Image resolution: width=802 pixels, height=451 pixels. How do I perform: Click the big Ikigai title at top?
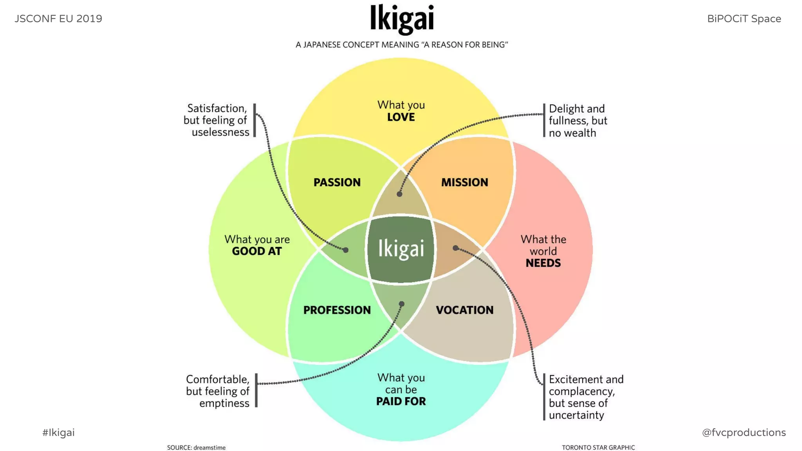(402, 19)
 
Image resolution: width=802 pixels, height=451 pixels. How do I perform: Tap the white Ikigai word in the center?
(401, 248)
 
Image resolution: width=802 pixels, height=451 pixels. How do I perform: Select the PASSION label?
(337, 182)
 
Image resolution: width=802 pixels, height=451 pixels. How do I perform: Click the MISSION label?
(464, 182)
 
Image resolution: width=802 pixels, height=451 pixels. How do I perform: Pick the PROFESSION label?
(337, 310)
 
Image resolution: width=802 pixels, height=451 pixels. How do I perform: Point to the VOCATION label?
(464, 310)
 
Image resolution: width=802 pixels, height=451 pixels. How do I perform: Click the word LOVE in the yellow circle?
(401, 117)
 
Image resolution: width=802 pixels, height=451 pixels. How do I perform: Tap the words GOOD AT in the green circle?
(256, 251)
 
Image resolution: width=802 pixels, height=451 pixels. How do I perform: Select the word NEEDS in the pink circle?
(543, 263)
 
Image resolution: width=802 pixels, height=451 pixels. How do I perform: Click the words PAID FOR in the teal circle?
(401, 401)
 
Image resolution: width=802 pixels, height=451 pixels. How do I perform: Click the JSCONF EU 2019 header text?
(58, 19)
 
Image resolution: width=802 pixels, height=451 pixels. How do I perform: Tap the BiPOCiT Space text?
(744, 19)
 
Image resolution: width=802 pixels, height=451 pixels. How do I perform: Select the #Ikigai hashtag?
(58, 433)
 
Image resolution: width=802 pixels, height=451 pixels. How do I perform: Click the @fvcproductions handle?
(744, 433)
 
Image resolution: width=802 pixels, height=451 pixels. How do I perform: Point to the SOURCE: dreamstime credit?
(196, 447)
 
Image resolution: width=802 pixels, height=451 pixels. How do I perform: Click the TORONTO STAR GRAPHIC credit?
(598, 447)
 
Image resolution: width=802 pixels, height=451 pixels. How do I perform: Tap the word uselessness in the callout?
(220, 132)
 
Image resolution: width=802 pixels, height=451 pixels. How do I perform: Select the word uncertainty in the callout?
(576, 415)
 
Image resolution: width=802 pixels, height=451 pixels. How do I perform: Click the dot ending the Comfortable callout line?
(402, 304)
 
